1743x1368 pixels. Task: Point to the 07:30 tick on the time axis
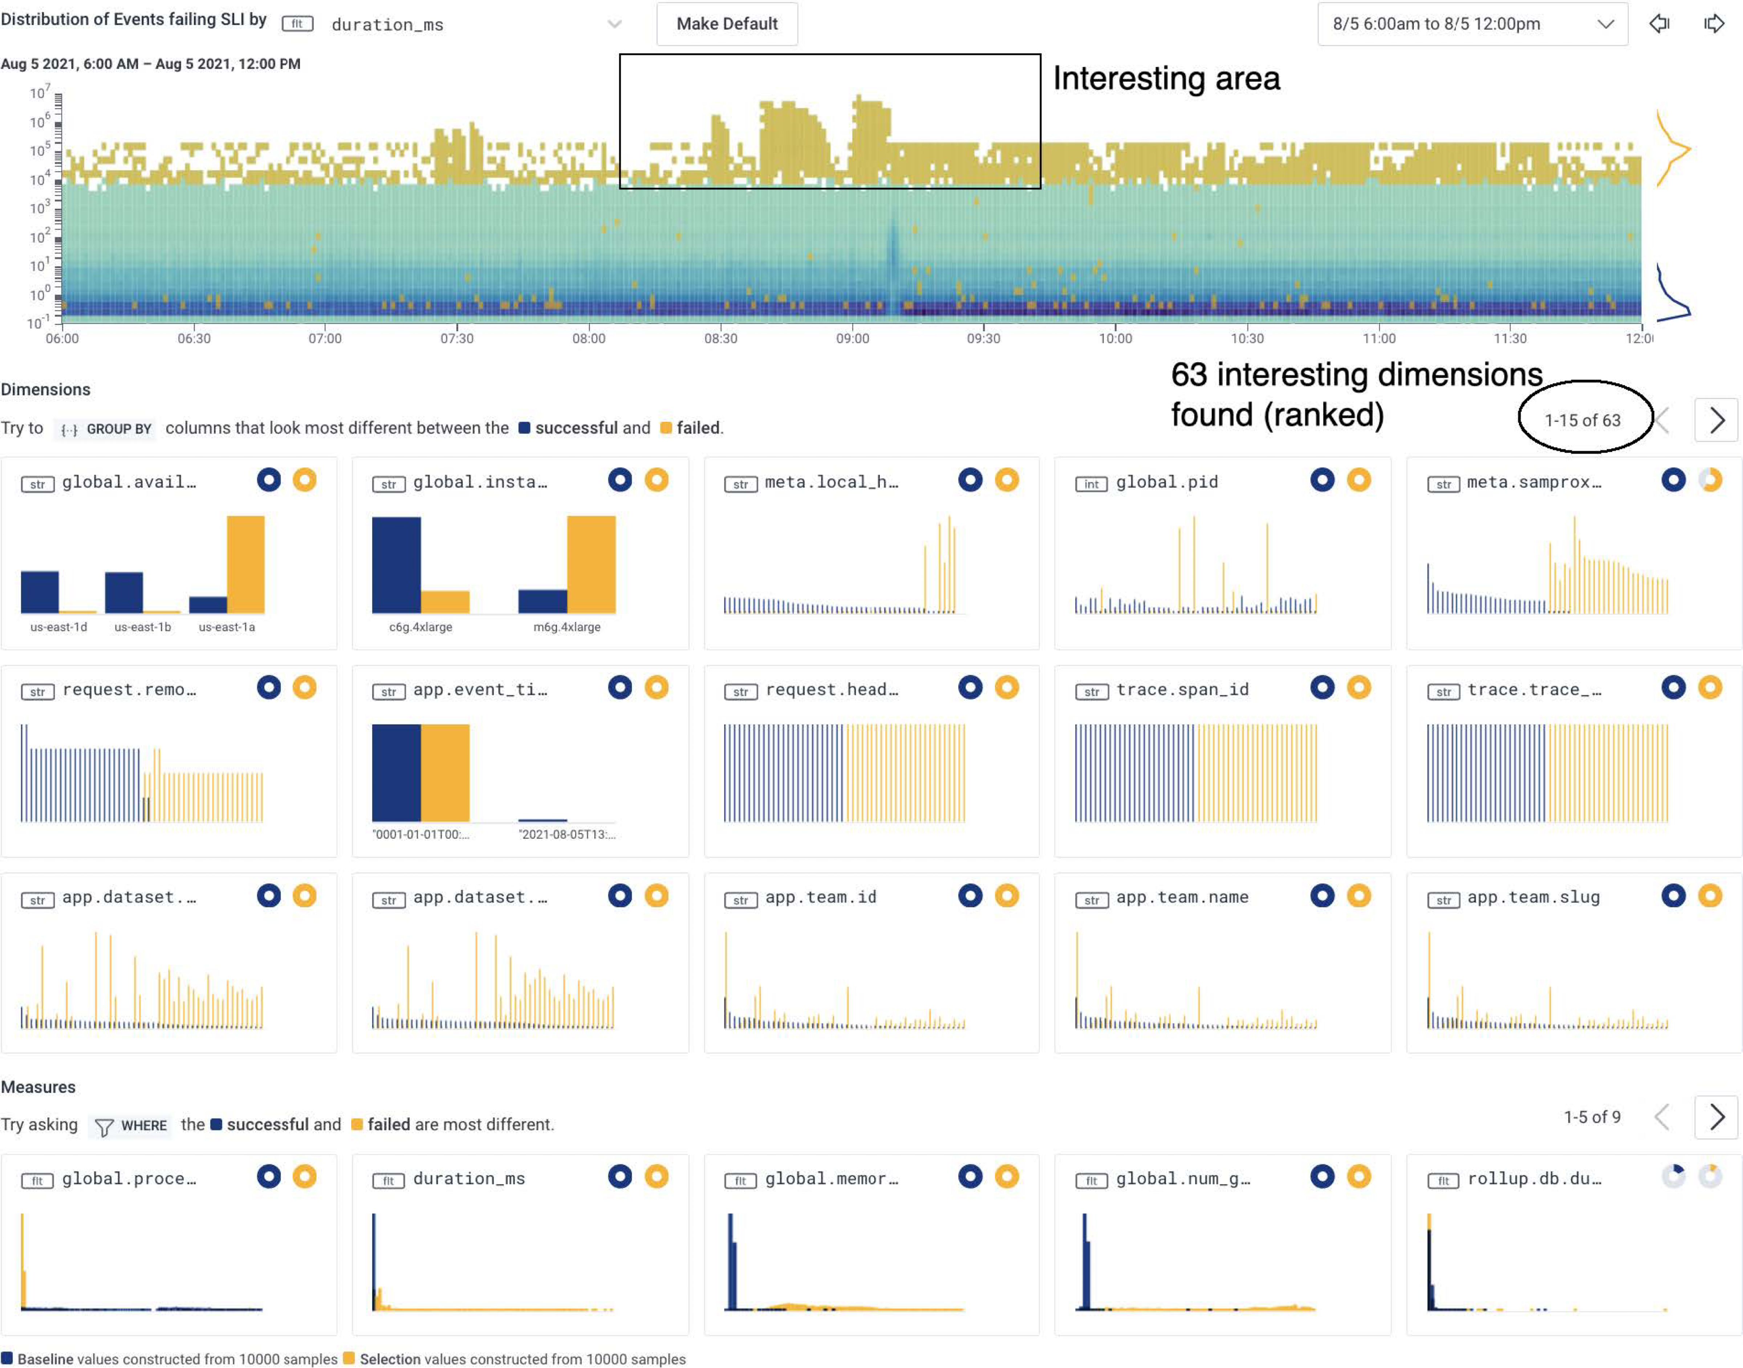[456, 338]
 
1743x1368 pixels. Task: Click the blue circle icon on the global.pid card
[1322, 480]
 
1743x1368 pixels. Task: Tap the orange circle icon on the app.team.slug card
[1709, 895]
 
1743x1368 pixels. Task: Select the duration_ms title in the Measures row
[468, 1178]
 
